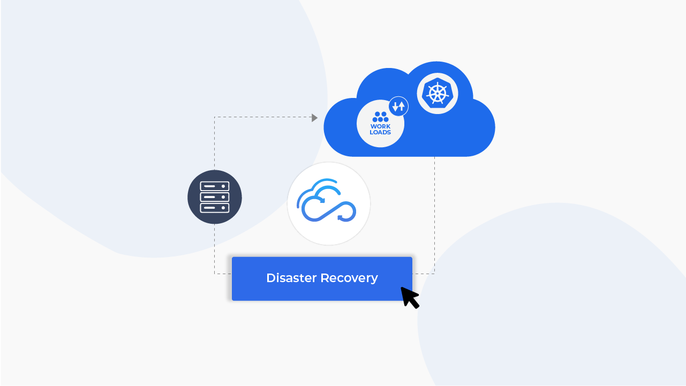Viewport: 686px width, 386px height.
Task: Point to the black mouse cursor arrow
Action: point(410,297)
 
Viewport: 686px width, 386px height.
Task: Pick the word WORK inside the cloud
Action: point(380,126)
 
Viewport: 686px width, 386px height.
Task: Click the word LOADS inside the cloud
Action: point(380,132)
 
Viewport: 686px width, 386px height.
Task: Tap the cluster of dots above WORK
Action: point(380,117)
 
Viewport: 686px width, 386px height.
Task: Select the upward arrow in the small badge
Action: point(401,106)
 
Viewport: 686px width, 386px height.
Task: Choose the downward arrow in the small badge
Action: point(395,106)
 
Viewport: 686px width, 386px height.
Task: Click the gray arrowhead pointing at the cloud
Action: point(315,117)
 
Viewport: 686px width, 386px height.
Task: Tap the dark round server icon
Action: point(215,197)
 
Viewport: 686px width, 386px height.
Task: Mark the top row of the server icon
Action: point(215,186)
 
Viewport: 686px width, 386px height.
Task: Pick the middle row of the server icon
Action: point(215,197)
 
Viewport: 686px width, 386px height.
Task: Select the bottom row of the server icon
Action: point(215,207)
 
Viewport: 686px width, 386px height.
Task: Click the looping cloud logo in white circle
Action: point(328,203)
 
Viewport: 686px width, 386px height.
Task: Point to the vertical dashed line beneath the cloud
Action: point(434,214)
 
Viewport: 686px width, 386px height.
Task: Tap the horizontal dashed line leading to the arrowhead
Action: point(262,117)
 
